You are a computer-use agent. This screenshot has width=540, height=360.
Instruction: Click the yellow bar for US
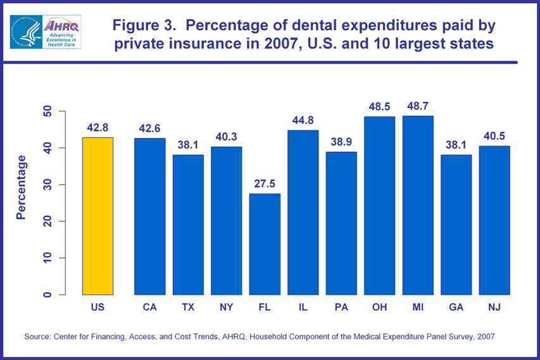coord(97,216)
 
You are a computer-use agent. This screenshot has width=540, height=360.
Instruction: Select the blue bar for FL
coord(265,244)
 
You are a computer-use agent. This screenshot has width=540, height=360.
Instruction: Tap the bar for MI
coord(418,205)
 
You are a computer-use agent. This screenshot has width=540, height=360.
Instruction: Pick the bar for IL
coord(303,212)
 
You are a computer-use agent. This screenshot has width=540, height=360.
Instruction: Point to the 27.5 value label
coord(265,185)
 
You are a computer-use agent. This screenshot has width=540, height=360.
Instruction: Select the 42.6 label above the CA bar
coord(150,129)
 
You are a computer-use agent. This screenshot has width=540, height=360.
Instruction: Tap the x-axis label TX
coord(188,307)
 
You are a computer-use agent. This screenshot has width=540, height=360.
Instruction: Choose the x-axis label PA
coord(341,307)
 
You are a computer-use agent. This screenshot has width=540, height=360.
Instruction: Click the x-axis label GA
coord(456,307)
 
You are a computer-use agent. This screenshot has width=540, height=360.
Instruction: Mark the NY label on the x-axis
coord(226,307)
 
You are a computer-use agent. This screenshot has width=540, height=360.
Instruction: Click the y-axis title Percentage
coord(22,187)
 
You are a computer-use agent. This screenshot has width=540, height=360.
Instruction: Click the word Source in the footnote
coord(38,337)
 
